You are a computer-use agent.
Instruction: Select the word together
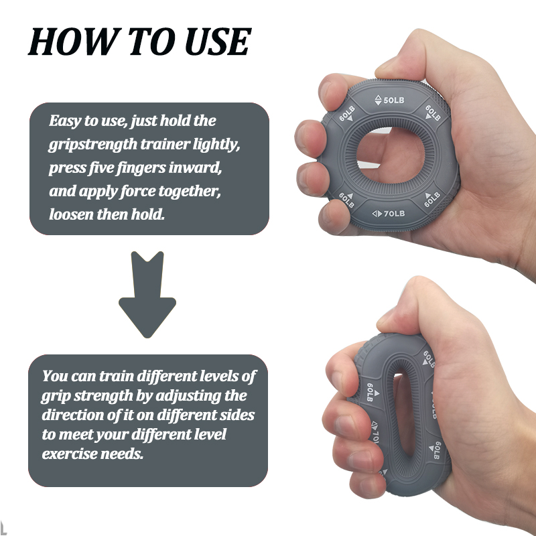tap(192, 191)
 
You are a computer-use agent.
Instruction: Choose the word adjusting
tap(211, 395)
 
